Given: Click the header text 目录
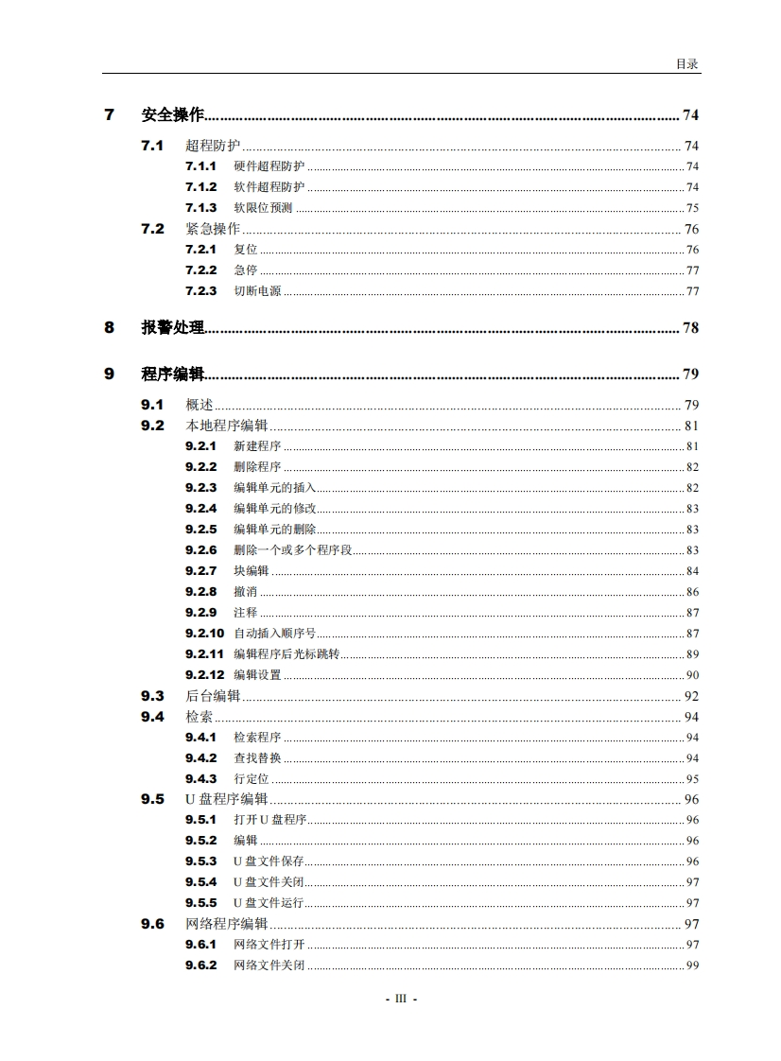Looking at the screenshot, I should (686, 63).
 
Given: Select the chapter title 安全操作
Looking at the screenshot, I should (173, 115).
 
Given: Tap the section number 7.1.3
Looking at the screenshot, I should (200, 208).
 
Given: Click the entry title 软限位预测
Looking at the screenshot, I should (263, 208).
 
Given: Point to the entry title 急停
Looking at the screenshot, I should (245, 270).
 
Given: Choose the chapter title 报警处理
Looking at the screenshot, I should (173, 327).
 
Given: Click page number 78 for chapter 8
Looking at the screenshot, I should (690, 328).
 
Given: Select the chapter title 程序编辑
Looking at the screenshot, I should (173, 374).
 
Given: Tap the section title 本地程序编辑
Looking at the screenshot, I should (226, 426).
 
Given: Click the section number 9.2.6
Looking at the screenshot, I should (200, 550).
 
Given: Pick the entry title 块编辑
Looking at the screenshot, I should (251, 571).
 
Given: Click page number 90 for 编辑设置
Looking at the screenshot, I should (692, 675).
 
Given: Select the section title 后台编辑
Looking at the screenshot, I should (213, 696).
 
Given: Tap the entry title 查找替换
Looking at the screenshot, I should (257, 758).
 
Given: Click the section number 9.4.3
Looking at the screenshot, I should (200, 779).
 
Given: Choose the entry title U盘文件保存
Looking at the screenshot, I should (269, 861).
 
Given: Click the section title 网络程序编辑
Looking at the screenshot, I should (226, 924).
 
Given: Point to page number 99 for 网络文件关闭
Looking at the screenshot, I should (692, 965).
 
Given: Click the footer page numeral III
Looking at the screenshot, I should (400, 999).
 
